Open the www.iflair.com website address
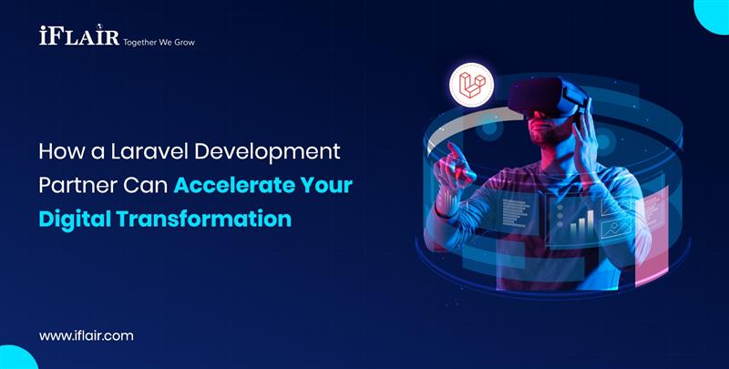pyautogui.click(x=86, y=335)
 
